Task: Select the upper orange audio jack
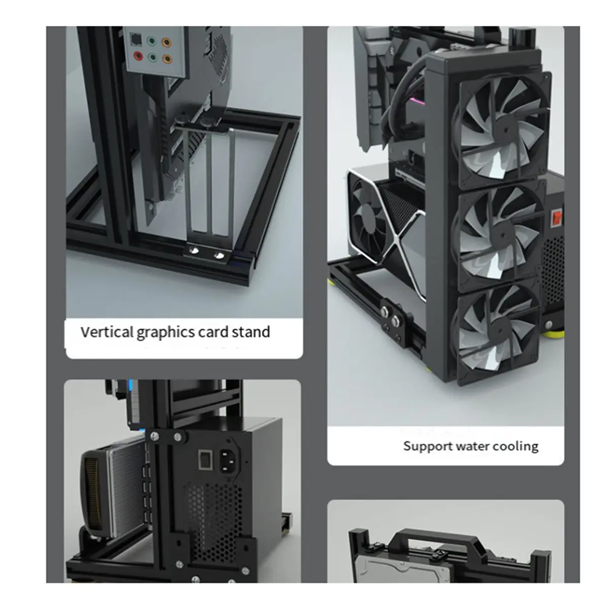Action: [x=166, y=42]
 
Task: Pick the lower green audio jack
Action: [x=152, y=57]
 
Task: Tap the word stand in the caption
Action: [x=251, y=332]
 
